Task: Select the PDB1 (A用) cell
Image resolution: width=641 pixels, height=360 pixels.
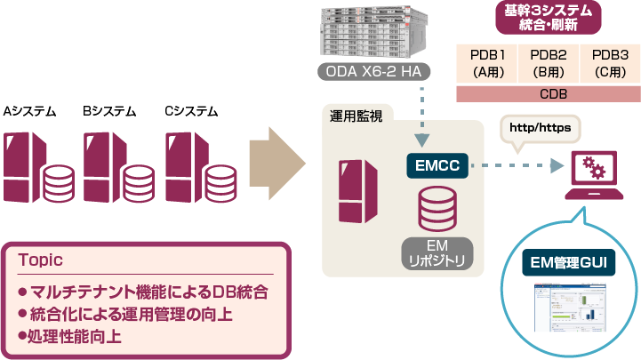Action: click(x=489, y=62)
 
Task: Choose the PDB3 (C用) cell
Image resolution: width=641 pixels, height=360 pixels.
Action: click(x=610, y=62)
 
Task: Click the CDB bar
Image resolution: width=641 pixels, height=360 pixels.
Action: click(x=548, y=93)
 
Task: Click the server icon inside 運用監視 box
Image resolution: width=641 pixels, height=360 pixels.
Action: click(x=356, y=191)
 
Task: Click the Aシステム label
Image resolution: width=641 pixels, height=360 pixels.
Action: click(x=30, y=112)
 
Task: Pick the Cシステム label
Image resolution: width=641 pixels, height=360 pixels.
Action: click(x=191, y=112)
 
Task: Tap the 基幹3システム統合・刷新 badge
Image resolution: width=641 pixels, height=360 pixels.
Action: click(x=548, y=16)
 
